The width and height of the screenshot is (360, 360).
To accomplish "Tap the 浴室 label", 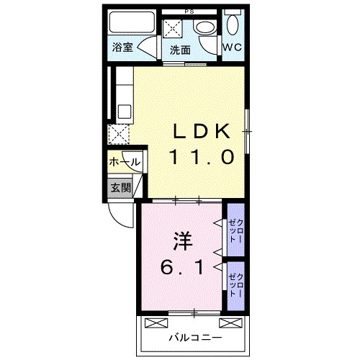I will tap(122, 48).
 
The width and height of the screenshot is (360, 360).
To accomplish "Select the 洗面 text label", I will tap(180, 50).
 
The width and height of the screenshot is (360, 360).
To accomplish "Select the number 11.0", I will tap(202, 157).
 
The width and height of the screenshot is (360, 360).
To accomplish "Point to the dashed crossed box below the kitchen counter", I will tap(117, 134).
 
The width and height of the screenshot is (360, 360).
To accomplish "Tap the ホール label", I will tap(124, 163).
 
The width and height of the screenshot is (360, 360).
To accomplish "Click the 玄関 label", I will tap(120, 188).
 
